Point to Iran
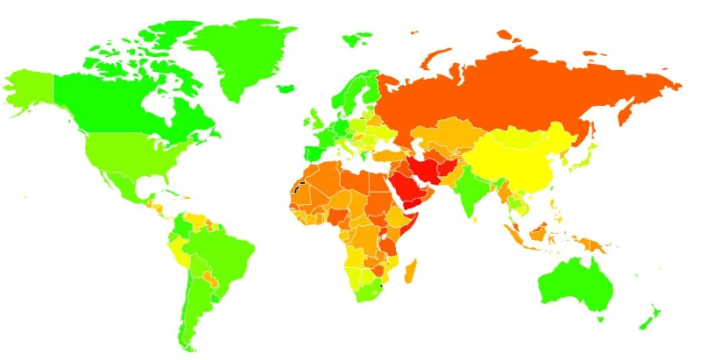pyautogui.click(x=431, y=166)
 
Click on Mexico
pyautogui.click(x=114, y=180)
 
